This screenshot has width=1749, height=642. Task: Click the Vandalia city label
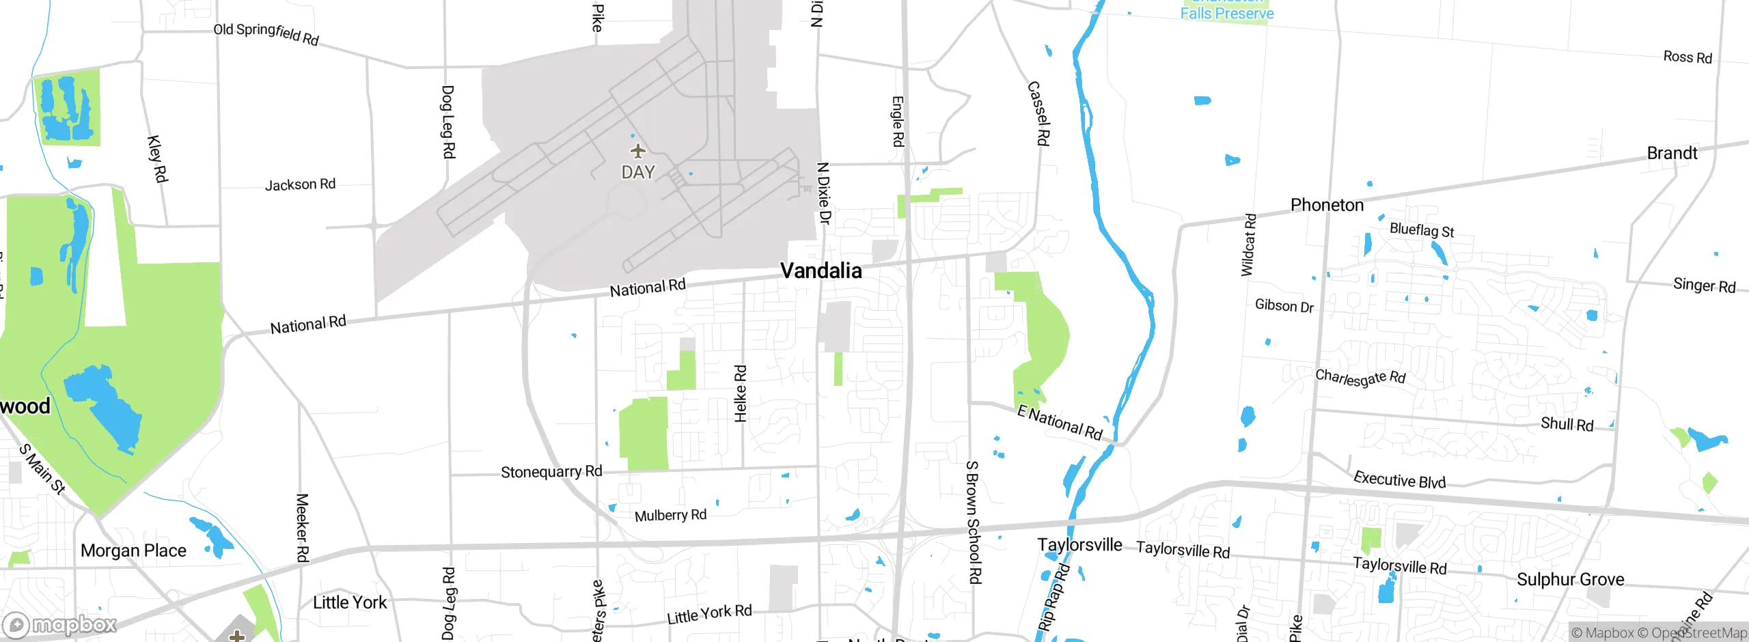pyautogui.click(x=821, y=271)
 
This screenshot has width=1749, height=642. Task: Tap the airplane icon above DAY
pyautogui.click(x=637, y=150)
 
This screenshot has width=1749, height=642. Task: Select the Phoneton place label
pyautogui.click(x=1327, y=205)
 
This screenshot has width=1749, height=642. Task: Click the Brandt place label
pyautogui.click(x=1672, y=153)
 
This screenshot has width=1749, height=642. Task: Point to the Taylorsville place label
pyautogui.click(x=1079, y=545)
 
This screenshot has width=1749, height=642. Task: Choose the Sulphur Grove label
pyautogui.click(x=1570, y=579)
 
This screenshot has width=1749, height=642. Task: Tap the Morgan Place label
pyautogui.click(x=133, y=550)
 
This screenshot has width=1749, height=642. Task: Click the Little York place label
pyautogui.click(x=350, y=602)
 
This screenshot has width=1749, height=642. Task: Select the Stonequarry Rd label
pyautogui.click(x=551, y=472)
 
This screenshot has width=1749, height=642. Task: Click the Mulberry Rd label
pyautogui.click(x=670, y=515)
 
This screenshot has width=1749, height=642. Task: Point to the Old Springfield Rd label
pyautogui.click(x=266, y=33)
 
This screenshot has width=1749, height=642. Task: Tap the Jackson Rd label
pyautogui.click(x=300, y=184)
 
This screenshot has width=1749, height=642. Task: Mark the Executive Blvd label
pyautogui.click(x=1399, y=479)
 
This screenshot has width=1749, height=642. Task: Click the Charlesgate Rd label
pyautogui.click(x=1360, y=377)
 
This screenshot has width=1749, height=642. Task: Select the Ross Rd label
pyautogui.click(x=1688, y=57)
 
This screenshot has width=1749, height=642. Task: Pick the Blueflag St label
pyautogui.click(x=1422, y=230)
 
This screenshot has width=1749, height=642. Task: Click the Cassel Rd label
pyautogui.click(x=1038, y=113)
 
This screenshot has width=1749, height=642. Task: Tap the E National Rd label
pyautogui.click(x=1060, y=422)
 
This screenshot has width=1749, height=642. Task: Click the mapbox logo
pyautogui.click(x=60, y=624)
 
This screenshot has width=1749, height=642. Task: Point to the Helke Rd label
pyautogui.click(x=740, y=393)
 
